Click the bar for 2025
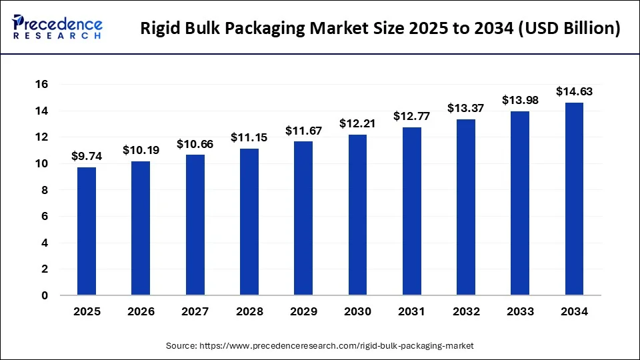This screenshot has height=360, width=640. point(87,231)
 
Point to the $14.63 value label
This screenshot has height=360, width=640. point(574,92)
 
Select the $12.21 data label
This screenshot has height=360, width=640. point(357,124)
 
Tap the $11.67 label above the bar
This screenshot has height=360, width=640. point(303,131)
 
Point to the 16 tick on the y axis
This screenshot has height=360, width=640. point(42,85)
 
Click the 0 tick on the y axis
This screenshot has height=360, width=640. point(45,295)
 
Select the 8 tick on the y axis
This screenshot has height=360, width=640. point(45,190)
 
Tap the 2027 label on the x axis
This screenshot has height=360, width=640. point(195,312)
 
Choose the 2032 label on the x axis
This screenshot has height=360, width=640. point(465,312)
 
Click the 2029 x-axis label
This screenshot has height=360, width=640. point(303,312)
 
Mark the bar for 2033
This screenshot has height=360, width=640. point(520,203)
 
